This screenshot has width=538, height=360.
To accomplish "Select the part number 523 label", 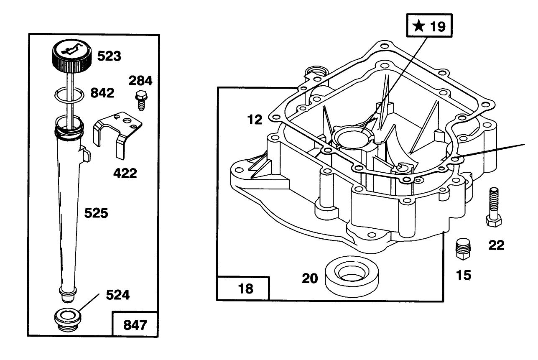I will pos(109,56).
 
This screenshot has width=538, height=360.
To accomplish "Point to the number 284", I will pos(140,80).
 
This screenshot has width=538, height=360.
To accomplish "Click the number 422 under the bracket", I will pos(125,173).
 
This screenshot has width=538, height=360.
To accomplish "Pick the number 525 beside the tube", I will pos(96,213).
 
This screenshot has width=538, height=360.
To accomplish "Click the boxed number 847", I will pos(135,324).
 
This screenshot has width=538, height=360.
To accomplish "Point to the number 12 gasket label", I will pos(255,120).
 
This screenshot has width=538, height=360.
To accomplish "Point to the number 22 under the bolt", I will pos(496,245).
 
